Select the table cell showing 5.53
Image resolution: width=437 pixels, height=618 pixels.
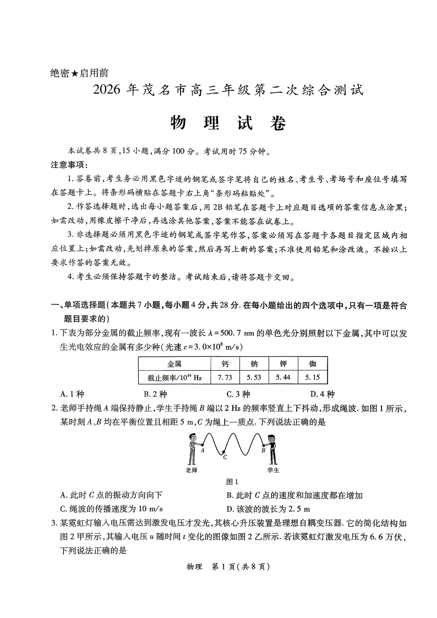pos(253,377)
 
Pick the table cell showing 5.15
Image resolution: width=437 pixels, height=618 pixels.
pos(313,377)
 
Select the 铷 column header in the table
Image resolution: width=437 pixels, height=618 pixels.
pos(313,364)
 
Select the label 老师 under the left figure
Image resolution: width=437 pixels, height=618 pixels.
pos(192,470)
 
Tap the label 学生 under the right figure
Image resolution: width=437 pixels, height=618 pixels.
pos(273,470)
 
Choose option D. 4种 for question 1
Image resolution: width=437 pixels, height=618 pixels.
pos(322,394)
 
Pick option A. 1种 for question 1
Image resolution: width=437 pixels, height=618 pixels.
pos(72,394)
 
